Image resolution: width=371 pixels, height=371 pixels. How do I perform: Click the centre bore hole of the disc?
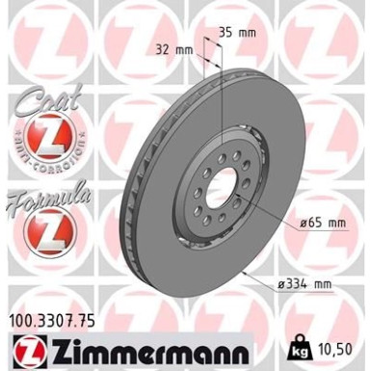coord(221,182)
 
